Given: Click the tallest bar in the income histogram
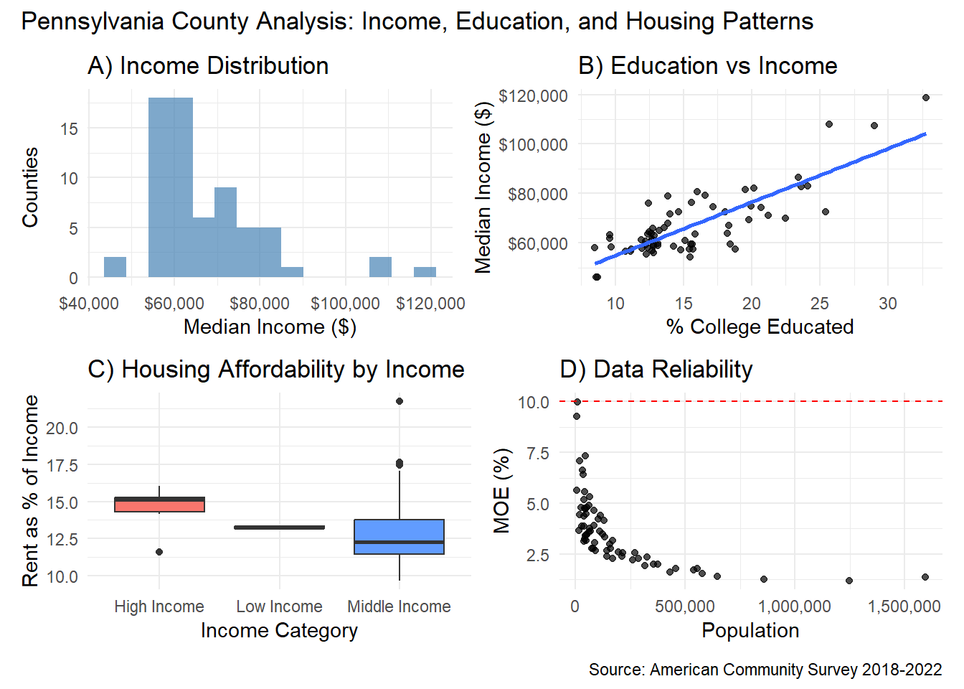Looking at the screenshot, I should coord(171,187).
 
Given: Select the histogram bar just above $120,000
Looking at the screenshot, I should coord(425,272).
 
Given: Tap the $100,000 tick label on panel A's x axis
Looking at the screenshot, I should coord(345,304).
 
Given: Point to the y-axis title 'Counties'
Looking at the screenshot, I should coord(30,187).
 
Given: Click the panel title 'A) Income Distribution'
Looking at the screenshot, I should coord(208,66).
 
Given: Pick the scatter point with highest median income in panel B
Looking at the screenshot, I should coord(926,98).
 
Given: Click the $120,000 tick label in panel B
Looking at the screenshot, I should coord(533,96).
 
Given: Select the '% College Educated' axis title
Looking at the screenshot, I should coord(760,327).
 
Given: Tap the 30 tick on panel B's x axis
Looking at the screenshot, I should coord(888,304).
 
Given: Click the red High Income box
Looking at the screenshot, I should coord(159,505).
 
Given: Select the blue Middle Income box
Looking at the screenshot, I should coord(399,537).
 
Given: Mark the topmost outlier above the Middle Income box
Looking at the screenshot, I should coord(400,401).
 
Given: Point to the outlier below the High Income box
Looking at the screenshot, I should coord(159,552).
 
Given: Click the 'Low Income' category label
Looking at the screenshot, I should coord(279,606).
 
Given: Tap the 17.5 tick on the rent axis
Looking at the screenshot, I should coord(62,466).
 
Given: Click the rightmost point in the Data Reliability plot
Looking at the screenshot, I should coord(925,577).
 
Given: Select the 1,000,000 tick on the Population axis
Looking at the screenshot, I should coord(795,606).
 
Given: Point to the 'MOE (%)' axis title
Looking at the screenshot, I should coord(502,491).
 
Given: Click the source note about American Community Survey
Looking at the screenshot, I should coord(765,670).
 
